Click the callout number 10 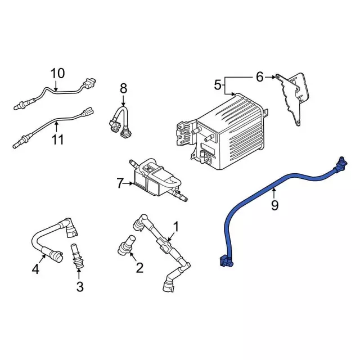click(58, 73)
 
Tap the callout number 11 click(58, 139)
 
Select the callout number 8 click(123, 88)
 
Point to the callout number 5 click(218, 85)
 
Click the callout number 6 click(259, 76)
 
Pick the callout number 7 click(119, 182)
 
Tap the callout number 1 click(175, 227)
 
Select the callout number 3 click(79, 287)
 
